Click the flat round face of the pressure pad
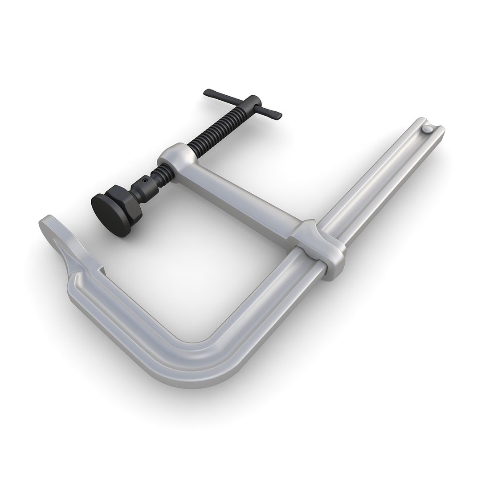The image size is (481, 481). click(x=110, y=209)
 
